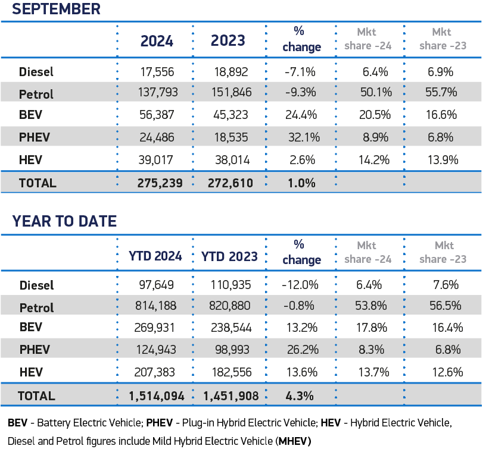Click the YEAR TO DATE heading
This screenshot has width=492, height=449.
pos(64,221)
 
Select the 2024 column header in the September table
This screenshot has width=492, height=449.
pos(157,40)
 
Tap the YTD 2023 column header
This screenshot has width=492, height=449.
pos(229,256)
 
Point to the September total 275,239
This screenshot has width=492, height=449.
pos(156,183)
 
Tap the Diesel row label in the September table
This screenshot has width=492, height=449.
pos(36,72)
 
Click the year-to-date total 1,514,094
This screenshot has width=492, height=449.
pos(156,395)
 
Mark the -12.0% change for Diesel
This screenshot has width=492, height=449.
pos(301,285)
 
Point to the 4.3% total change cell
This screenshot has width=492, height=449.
pos(301,395)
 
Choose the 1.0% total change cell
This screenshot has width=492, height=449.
pos(301,183)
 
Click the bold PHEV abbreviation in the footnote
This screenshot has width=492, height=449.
pos(160,423)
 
